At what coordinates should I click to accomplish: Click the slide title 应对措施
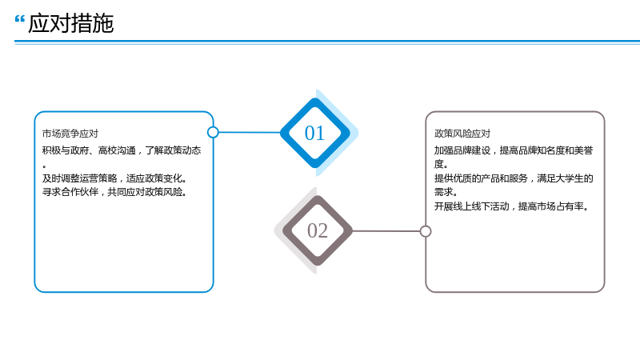70,23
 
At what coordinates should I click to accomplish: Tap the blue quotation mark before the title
19,19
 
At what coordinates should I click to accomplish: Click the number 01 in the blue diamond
314,133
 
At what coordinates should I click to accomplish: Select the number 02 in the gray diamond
318,230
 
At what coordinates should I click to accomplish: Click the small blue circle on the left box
213,132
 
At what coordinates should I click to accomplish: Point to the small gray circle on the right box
426,231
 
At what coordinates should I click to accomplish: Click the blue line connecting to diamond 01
250,132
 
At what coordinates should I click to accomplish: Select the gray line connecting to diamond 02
386,231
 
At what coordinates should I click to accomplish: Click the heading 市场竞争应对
70,134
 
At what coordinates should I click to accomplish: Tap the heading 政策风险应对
462,134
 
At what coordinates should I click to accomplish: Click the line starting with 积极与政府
122,150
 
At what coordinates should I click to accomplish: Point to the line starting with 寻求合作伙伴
114,192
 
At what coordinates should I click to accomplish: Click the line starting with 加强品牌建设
514,150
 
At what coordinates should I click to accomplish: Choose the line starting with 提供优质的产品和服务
514,178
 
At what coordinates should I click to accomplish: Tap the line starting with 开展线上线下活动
512,206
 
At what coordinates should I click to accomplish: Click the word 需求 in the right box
444,192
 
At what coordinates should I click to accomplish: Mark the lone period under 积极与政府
44,166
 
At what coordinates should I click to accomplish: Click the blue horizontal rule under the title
327,42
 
